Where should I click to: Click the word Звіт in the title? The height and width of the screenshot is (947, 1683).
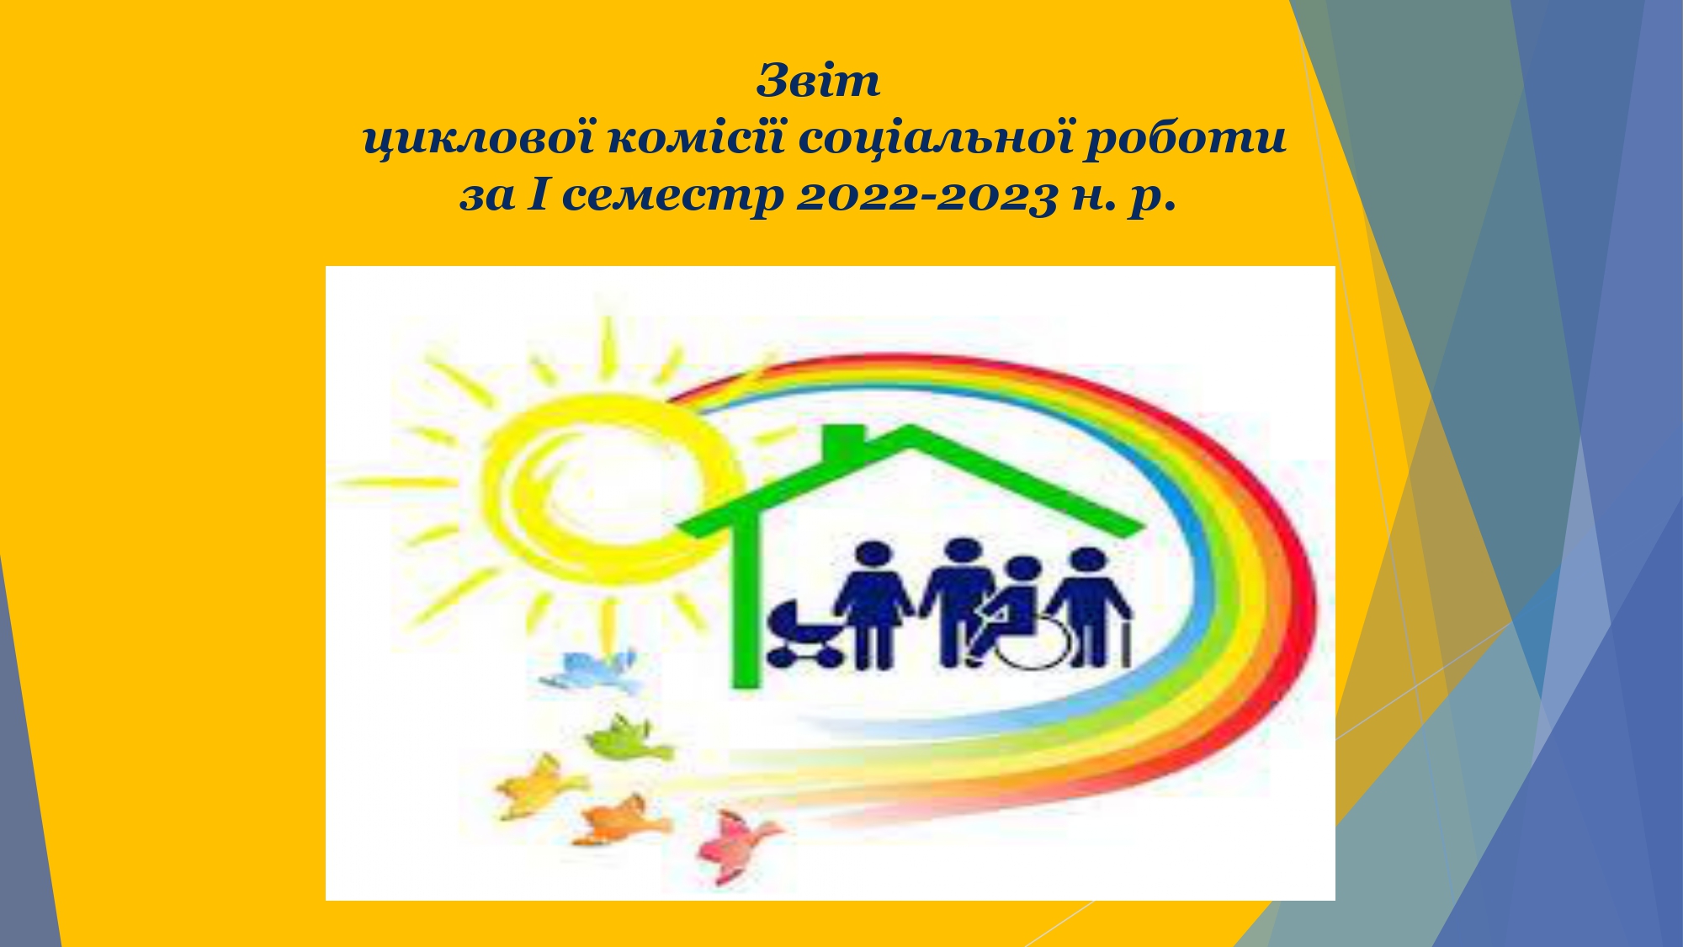[x=818, y=81]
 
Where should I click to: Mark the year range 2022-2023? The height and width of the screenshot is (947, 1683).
[x=926, y=197]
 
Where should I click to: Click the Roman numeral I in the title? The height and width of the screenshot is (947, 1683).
[x=539, y=195]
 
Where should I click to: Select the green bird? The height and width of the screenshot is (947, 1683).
[x=627, y=738]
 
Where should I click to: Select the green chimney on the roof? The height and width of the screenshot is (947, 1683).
[x=842, y=441]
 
